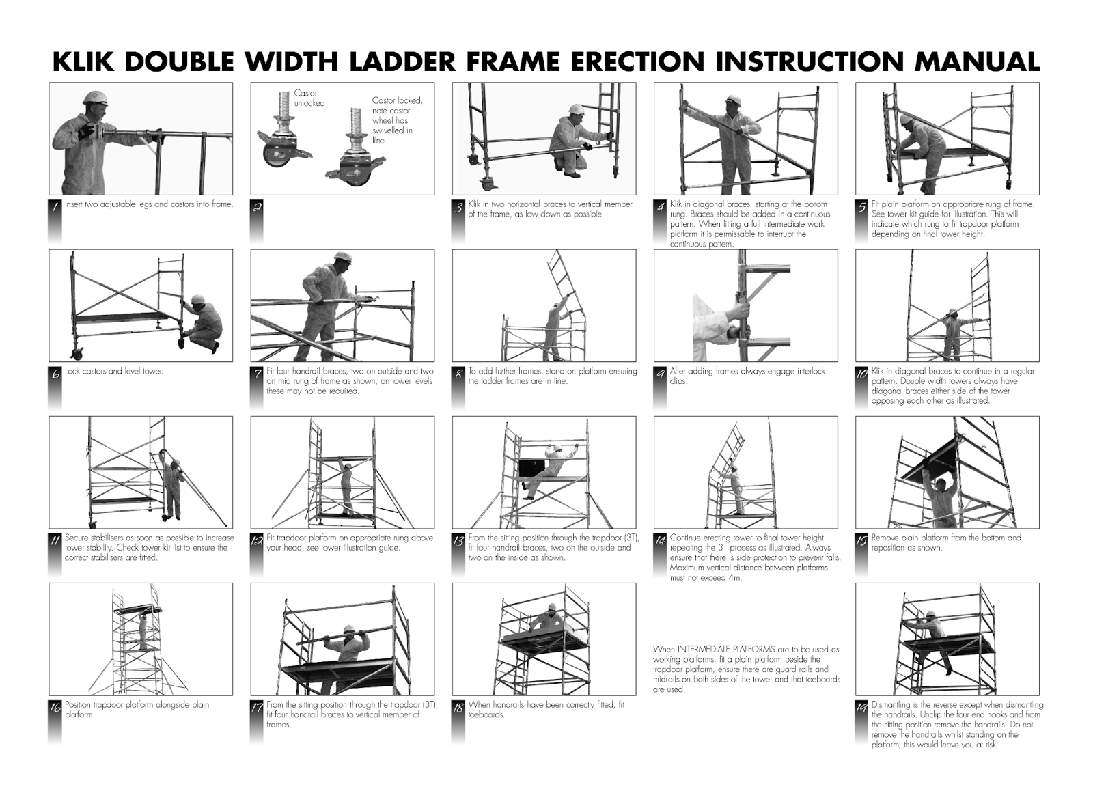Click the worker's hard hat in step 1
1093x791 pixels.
[x=94, y=96]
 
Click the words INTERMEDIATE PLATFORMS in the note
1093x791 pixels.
[x=723, y=650]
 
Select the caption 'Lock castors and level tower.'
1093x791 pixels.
[x=114, y=372]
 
